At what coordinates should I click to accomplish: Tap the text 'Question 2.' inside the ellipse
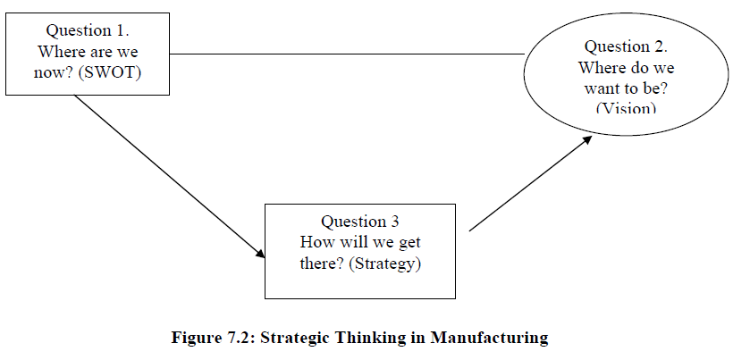pyautogui.click(x=626, y=46)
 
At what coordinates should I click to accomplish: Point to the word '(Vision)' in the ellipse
pyautogui.click(x=626, y=107)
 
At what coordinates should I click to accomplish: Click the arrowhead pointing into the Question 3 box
pyautogui.click(x=260, y=254)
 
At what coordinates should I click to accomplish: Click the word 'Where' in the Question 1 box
pyautogui.click(x=61, y=52)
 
